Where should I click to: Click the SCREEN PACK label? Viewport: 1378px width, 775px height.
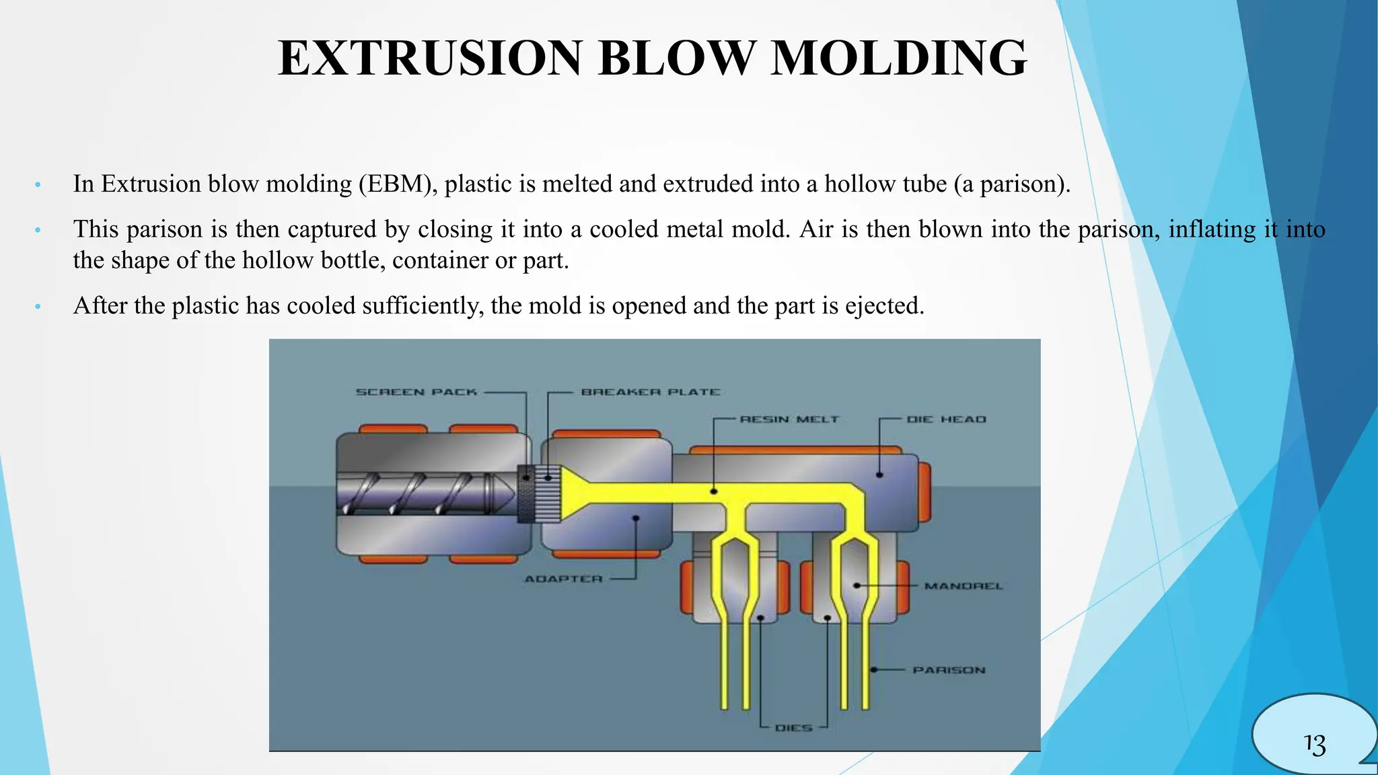click(416, 392)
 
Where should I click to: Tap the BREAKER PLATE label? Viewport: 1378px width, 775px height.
click(650, 392)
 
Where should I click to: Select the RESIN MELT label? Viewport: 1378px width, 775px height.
click(789, 419)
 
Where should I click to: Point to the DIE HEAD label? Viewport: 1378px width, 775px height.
click(946, 419)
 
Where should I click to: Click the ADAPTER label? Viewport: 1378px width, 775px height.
click(564, 579)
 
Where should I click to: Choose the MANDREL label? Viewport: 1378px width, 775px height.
click(963, 586)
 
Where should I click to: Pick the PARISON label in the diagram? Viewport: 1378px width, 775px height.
click(949, 670)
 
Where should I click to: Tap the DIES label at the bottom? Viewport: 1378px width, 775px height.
click(793, 728)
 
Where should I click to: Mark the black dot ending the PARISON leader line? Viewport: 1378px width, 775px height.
click(873, 669)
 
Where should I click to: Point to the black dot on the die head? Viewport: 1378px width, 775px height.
click(879, 475)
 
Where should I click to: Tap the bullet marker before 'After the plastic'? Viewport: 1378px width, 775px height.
click(38, 307)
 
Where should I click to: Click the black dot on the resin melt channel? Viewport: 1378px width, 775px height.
click(714, 492)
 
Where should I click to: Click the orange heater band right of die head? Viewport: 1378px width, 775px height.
click(924, 492)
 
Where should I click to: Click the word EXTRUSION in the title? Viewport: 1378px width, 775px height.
click(430, 59)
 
